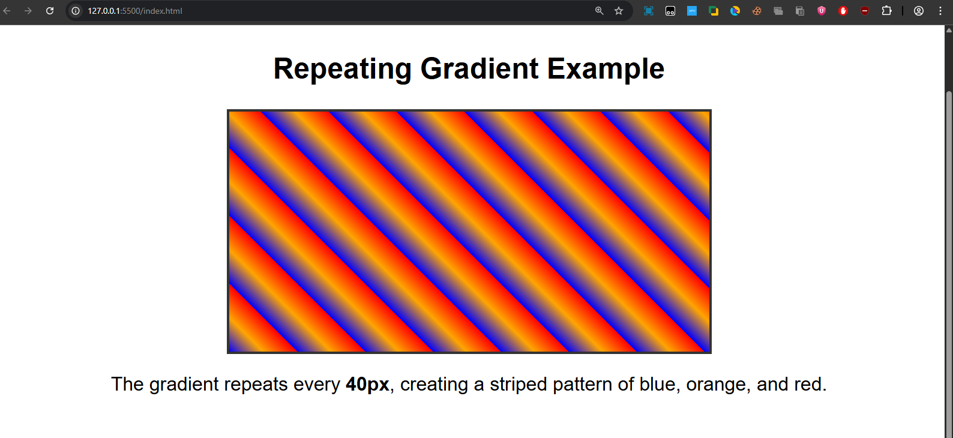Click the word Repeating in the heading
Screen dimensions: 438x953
coord(342,69)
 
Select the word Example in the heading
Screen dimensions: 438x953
coord(606,69)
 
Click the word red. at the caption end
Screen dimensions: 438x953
coord(810,384)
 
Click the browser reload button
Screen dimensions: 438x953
coord(50,11)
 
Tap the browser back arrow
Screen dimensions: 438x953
coord(7,11)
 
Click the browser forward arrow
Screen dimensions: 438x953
coord(28,11)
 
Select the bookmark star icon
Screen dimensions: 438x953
coord(619,11)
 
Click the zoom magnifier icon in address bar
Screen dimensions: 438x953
coord(599,11)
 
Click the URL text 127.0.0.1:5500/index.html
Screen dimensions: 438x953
coord(135,11)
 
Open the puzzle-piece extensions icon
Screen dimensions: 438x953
coord(886,11)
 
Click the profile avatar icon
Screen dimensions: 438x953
coord(919,11)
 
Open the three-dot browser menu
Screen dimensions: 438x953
coord(940,11)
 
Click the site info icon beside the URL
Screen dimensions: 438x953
coord(76,11)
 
